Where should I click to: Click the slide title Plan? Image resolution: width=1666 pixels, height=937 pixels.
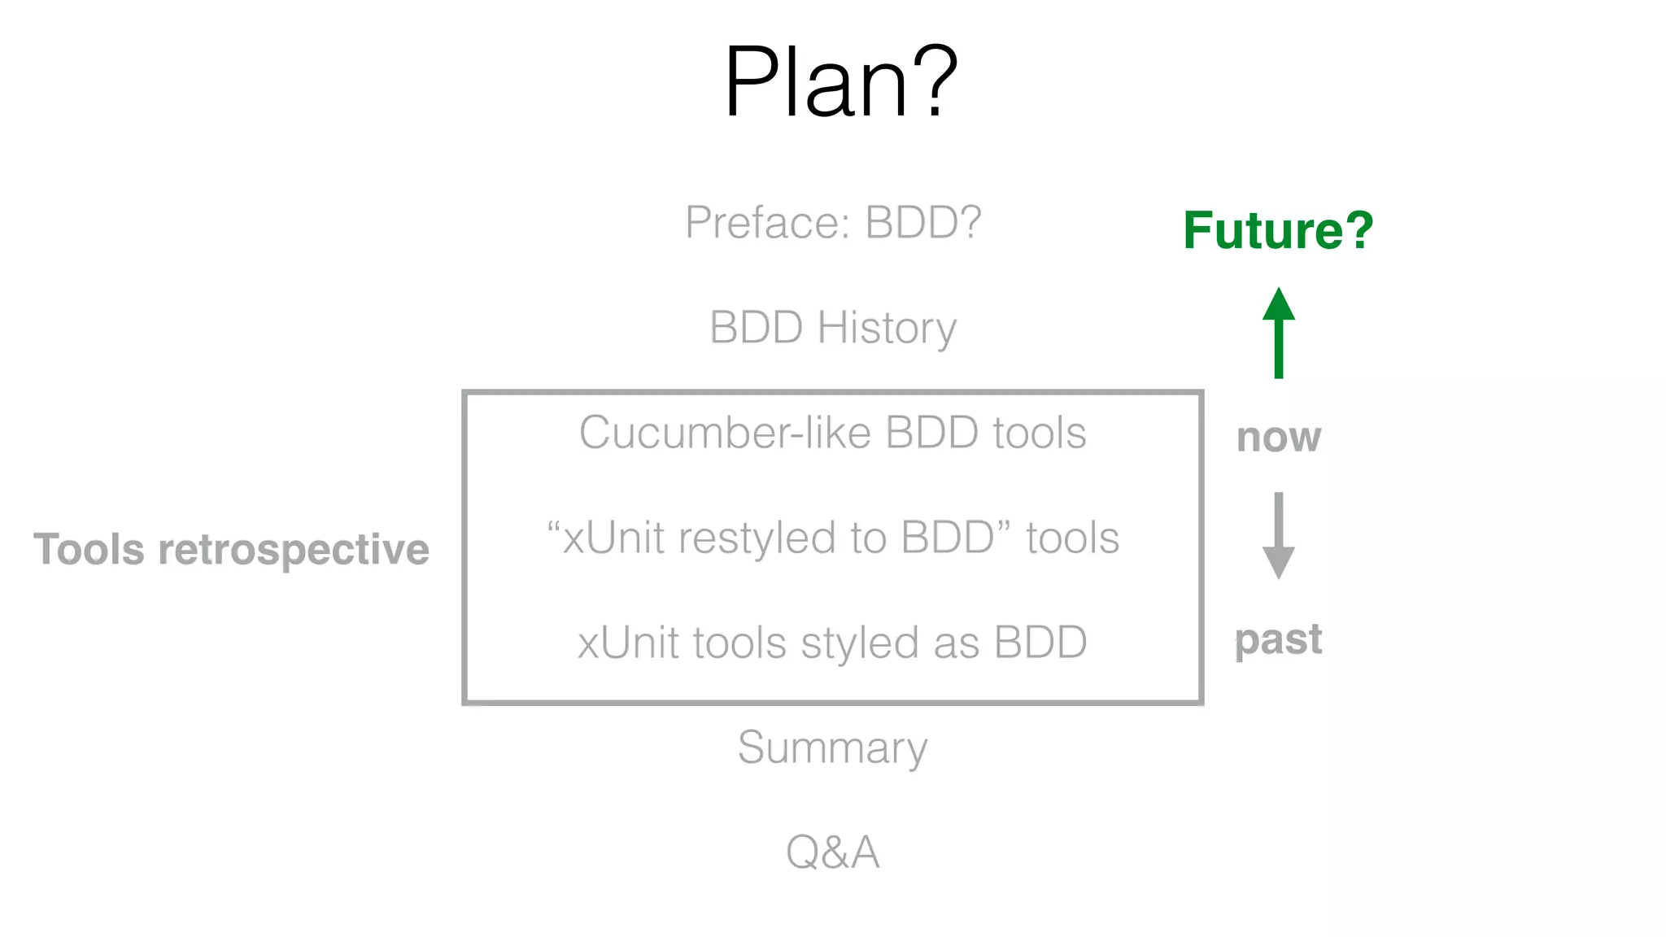pyautogui.click(x=840, y=82)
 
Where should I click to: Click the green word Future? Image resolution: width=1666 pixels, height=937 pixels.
pyautogui.click(x=1278, y=230)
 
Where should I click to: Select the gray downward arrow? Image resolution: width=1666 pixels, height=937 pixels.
pyautogui.click(x=1278, y=535)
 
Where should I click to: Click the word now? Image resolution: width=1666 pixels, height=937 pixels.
pyautogui.click(x=1278, y=438)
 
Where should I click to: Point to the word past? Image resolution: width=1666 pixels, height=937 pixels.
pyautogui.click(x=1278, y=639)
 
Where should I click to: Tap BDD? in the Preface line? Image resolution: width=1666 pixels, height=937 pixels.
pyautogui.click(x=922, y=222)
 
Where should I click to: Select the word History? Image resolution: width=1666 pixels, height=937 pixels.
pyautogui.click(x=887, y=328)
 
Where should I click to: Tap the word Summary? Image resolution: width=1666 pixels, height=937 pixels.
pyautogui.click(x=832, y=747)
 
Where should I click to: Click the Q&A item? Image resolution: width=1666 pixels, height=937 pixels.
pyautogui.click(x=832, y=852)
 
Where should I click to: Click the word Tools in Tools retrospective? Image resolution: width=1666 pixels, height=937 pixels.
pyautogui.click(x=89, y=549)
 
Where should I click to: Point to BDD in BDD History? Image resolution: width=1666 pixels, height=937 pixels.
pyautogui.click(x=756, y=328)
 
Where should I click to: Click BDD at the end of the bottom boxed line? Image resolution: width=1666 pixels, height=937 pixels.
pyautogui.click(x=1040, y=643)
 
